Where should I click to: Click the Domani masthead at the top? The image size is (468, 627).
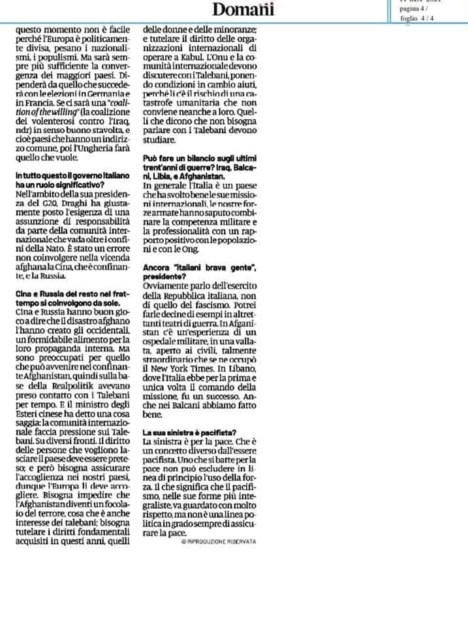tap(243, 9)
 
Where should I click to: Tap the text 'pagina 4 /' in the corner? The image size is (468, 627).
tap(414, 9)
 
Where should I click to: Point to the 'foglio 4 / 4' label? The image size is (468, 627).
tap(422, 18)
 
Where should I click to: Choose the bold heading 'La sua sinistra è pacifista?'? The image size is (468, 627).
tap(189, 432)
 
